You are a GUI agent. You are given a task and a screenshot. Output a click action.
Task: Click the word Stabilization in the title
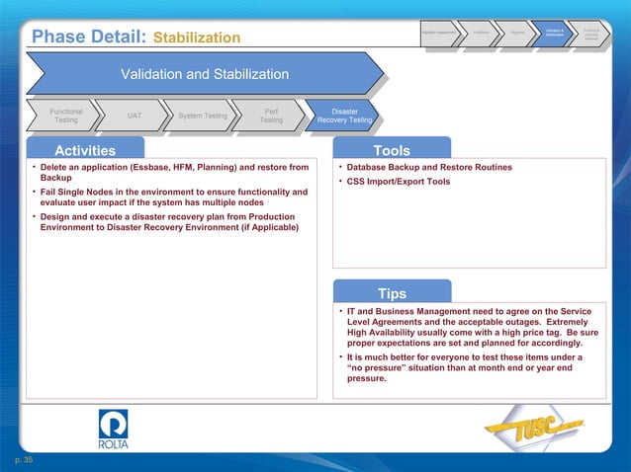pos(197,38)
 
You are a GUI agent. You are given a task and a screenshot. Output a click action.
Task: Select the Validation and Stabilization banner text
pos(204,74)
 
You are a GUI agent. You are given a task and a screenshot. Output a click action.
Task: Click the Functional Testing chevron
pos(65,116)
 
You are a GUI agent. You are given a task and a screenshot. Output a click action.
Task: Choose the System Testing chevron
pos(202,116)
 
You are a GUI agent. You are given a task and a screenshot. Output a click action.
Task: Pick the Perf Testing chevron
pos(270,116)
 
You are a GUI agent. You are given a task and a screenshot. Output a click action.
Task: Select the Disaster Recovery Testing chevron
pos(344,116)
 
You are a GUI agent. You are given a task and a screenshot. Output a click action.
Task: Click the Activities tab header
pos(85,150)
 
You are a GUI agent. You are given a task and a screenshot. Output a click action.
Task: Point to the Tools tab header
pos(392,150)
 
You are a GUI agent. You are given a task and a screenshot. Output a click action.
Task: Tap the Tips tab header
pos(392,293)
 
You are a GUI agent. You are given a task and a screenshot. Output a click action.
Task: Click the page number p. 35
pos(23,460)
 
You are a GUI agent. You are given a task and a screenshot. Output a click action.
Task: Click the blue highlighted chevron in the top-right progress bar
pos(555,36)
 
